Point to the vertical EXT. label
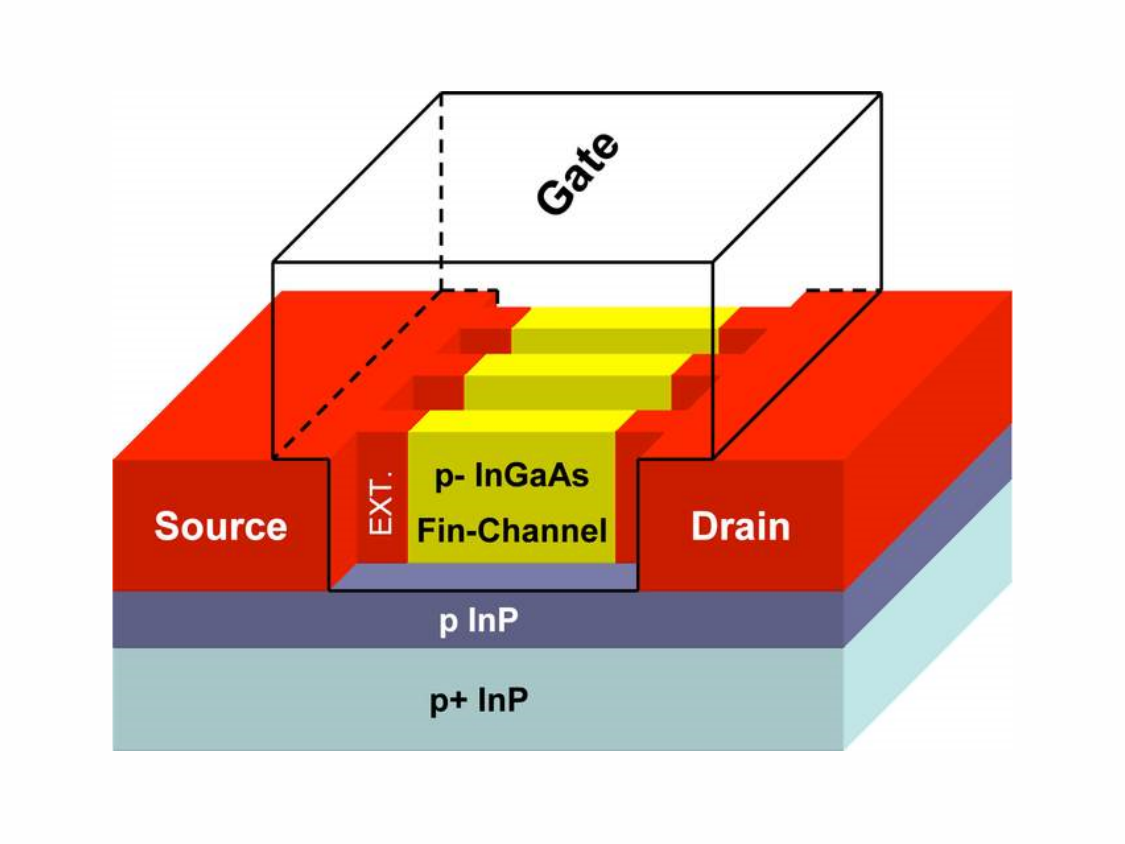pyautogui.click(x=382, y=504)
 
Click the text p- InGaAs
pyautogui.click(x=512, y=476)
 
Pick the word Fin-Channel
pyautogui.click(x=512, y=530)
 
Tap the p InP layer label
pyautogui.click(x=478, y=621)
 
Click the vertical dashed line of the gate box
pyautogui.click(x=441, y=193)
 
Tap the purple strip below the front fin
pyautogui.click(x=483, y=577)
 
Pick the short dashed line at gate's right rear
pyautogui.click(x=837, y=290)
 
